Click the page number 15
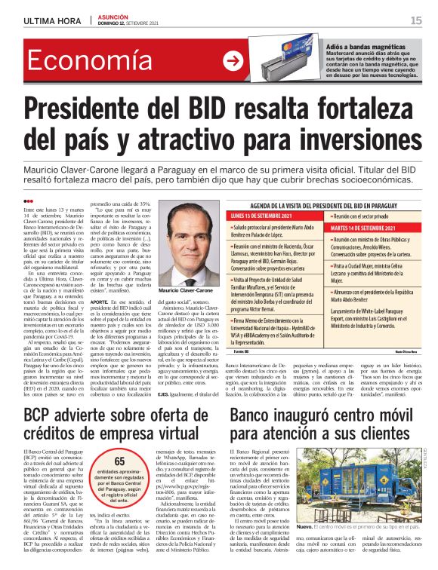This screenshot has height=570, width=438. (x=416, y=20)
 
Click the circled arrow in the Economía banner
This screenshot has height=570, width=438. (x=233, y=62)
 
